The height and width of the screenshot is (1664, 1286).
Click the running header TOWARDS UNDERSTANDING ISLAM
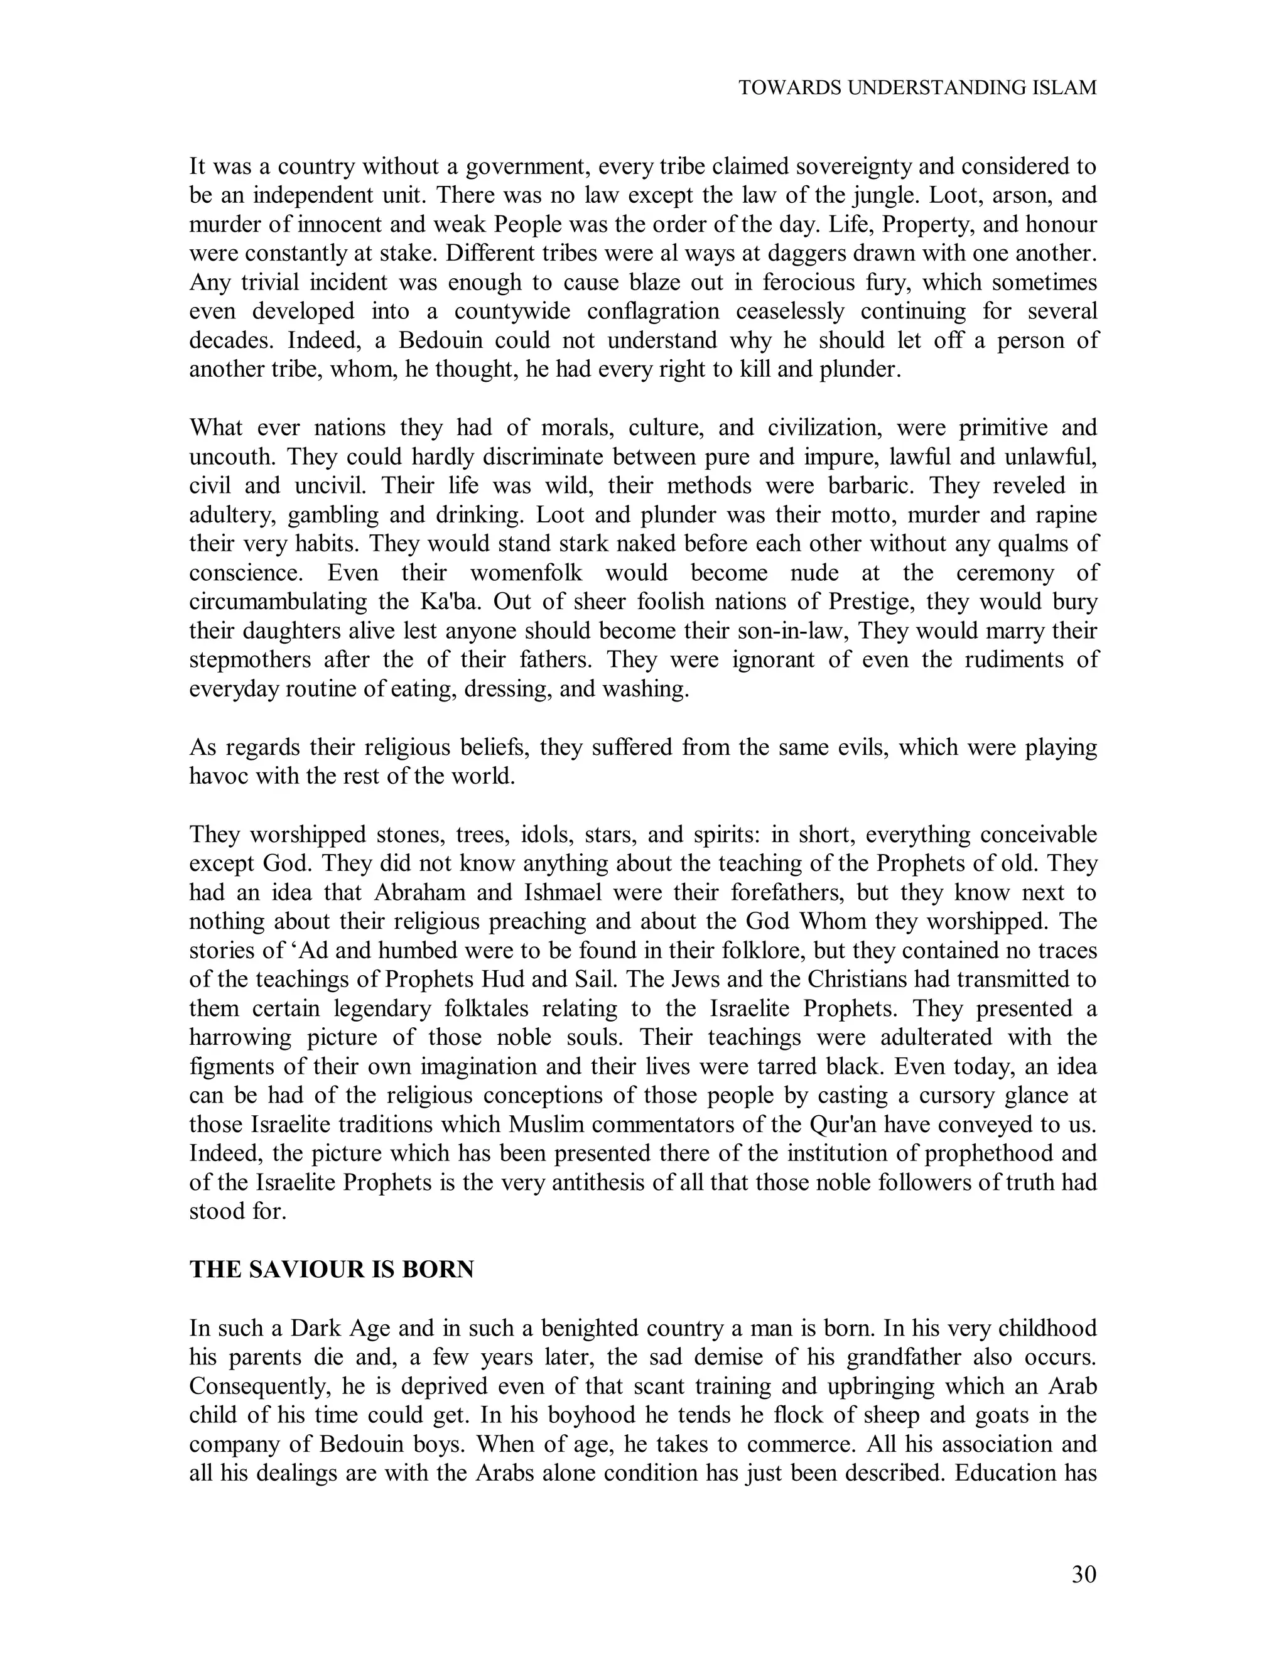pyautogui.click(x=917, y=88)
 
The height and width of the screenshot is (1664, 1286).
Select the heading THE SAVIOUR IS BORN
pyautogui.click(x=332, y=1269)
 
